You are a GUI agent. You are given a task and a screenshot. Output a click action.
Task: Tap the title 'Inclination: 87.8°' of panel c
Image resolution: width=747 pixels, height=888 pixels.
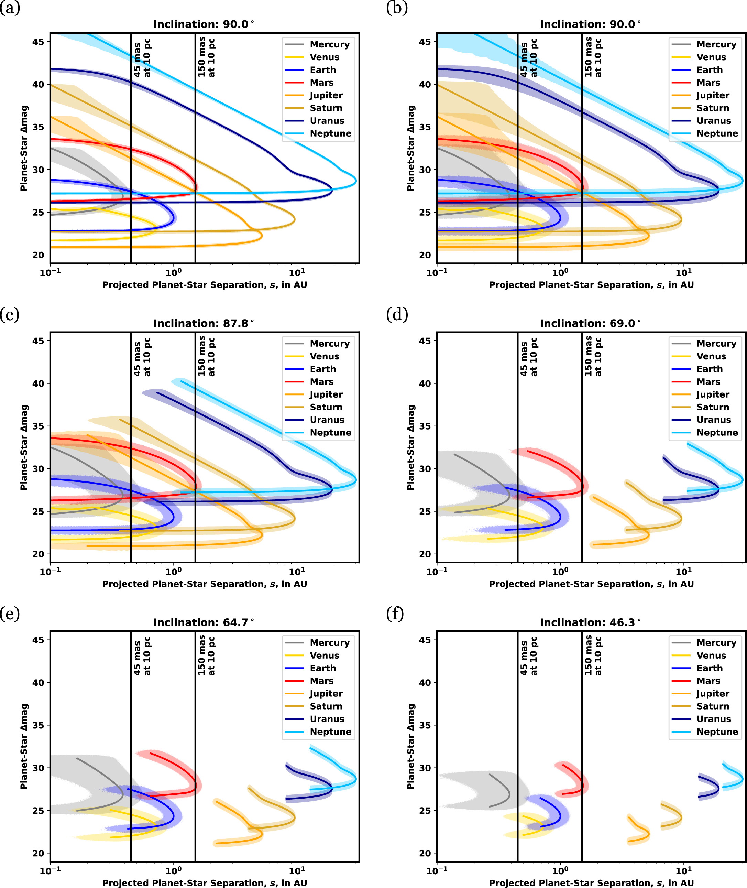203,323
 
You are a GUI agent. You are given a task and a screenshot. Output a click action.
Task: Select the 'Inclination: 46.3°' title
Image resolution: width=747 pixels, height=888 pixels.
590,622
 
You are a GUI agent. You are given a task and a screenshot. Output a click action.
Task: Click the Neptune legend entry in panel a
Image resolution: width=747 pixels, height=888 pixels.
330,133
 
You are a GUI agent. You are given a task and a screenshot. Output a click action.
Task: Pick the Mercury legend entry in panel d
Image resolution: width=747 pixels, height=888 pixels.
716,344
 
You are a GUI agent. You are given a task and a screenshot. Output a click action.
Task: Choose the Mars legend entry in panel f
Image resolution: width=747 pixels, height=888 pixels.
708,681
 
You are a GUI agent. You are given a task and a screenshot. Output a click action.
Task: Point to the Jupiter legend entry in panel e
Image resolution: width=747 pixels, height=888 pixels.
326,694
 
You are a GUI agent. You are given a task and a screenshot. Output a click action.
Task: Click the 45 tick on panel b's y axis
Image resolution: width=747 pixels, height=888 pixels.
425,42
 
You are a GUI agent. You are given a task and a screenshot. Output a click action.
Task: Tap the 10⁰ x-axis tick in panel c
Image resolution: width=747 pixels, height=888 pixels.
173,572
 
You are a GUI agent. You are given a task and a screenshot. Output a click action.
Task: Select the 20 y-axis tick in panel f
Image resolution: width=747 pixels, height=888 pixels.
425,853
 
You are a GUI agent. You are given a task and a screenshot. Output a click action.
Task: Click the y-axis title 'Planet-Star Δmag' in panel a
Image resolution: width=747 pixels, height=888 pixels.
24,148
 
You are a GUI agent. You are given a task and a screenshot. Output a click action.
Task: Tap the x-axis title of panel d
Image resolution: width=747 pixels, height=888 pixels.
591,584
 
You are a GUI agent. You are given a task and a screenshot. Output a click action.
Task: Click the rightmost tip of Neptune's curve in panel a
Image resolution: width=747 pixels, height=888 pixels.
356,181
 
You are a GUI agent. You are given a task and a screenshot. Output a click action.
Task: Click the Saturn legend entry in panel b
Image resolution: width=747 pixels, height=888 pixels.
713,108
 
